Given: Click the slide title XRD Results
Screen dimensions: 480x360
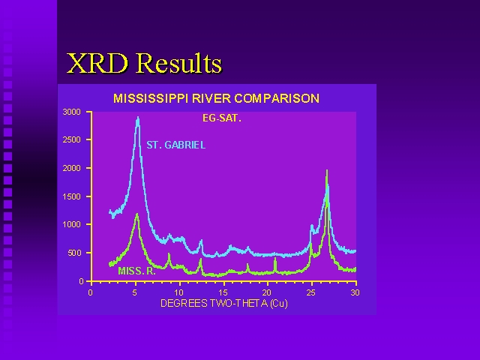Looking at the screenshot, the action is (144, 63).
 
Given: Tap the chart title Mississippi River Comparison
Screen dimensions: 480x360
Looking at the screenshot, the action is (217, 98).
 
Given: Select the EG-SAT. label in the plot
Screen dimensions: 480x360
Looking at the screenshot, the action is (222, 118).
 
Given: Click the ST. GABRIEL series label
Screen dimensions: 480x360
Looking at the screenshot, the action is (175, 145).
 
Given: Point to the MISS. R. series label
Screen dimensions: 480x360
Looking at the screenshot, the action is (136, 271).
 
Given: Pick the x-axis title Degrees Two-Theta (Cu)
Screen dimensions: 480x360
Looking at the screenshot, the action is (224, 303).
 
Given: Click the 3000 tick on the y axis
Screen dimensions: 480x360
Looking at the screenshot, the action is (72, 112).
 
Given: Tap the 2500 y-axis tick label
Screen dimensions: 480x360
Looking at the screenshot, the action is (72, 140).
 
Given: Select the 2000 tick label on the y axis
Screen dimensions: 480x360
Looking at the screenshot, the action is (72, 168).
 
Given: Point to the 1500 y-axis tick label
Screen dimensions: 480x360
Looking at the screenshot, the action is (72, 196).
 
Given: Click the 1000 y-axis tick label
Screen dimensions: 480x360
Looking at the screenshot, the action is (72, 224).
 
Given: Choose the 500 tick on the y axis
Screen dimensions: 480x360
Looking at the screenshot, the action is (74, 253).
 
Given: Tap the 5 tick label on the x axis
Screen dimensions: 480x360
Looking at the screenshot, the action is (135, 293).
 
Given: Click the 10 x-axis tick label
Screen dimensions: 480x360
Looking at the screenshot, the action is (178, 293).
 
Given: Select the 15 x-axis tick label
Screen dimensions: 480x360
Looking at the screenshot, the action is (223, 293).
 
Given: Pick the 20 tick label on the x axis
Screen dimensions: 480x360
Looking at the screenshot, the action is (267, 293).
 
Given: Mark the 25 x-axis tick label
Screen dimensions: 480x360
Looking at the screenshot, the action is (311, 293).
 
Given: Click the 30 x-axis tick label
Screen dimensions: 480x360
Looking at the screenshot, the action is (355, 293).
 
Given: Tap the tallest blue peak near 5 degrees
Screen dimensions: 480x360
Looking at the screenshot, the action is (138, 118).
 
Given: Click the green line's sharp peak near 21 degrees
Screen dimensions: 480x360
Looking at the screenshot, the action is (275, 259).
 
